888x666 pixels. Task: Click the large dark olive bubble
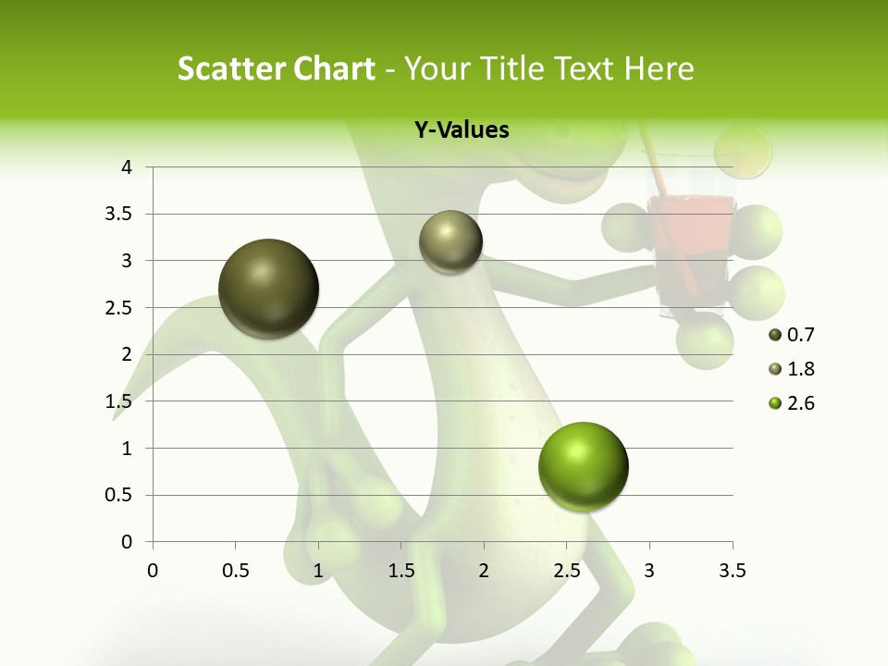[x=268, y=289]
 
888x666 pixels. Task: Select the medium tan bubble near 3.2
[x=450, y=241]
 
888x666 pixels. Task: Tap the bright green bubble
[x=583, y=466]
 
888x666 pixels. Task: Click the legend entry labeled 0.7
[x=792, y=335]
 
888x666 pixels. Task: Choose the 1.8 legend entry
[x=792, y=369]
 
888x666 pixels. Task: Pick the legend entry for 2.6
[x=792, y=403]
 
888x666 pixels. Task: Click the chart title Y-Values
[x=462, y=130]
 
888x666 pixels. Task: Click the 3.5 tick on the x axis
[x=732, y=571]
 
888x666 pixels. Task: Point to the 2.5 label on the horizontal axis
[x=566, y=571]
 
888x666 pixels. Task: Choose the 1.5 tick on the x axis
[x=401, y=571]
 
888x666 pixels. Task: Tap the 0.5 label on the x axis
[x=235, y=571]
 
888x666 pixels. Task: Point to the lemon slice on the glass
[x=744, y=151]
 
